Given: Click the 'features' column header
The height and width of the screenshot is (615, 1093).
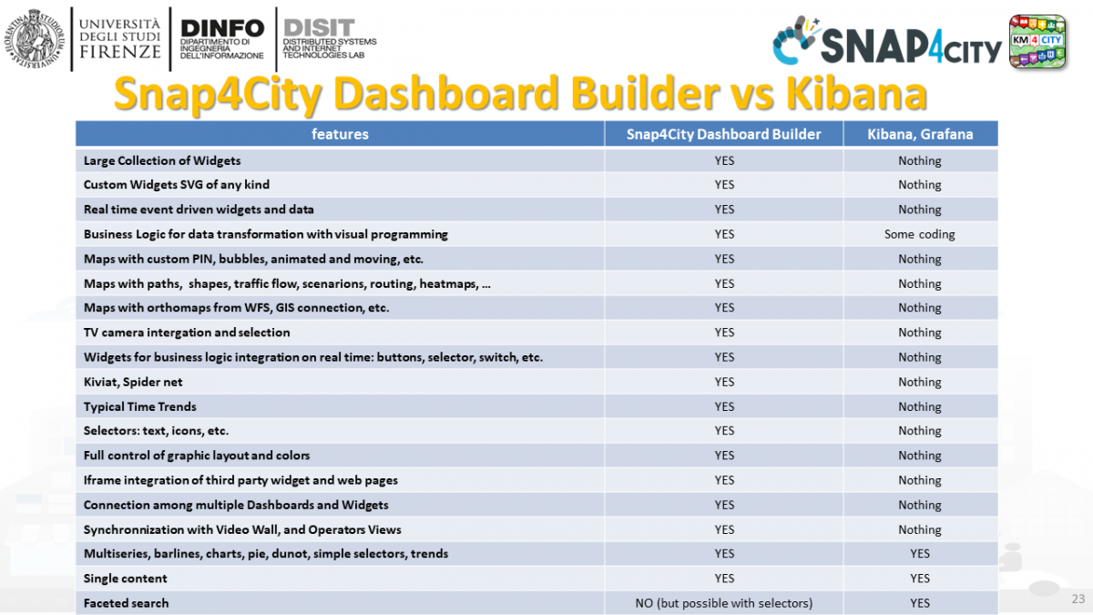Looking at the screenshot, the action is tap(340, 134).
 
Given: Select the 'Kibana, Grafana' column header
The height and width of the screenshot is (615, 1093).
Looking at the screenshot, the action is tap(920, 134).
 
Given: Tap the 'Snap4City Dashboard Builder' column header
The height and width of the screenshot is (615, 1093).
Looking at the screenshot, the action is tap(723, 134).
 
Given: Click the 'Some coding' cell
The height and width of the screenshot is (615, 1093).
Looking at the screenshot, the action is tap(920, 234).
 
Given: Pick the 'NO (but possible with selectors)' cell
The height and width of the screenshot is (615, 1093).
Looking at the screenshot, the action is tap(723, 603).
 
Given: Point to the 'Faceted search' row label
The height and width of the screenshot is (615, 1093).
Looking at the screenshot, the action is tap(126, 603).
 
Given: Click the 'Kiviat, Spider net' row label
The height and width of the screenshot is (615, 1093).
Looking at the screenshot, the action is tap(133, 382).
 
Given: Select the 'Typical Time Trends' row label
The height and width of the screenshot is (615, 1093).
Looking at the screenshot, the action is tap(139, 406).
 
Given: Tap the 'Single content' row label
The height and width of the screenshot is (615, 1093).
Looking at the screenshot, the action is tap(125, 579).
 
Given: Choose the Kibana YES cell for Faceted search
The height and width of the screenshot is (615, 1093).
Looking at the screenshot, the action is tap(920, 603).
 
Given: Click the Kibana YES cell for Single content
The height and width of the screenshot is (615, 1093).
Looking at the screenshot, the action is tap(920, 579).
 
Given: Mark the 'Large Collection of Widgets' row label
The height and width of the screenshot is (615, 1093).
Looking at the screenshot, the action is tap(162, 160).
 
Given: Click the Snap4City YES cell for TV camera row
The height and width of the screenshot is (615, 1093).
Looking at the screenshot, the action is tap(724, 333).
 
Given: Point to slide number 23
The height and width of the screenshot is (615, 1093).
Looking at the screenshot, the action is tap(1078, 599).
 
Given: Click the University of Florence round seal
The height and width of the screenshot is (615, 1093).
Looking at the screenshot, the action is tap(35, 38).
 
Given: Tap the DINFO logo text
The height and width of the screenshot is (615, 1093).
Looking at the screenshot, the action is tap(222, 38).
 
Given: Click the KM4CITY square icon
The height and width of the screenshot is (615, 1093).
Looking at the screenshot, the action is tap(1037, 41).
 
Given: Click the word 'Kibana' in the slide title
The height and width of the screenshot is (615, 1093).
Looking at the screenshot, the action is tap(856, 94).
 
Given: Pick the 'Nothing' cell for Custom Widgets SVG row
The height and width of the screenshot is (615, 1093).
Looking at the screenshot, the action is tap(920, 185).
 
